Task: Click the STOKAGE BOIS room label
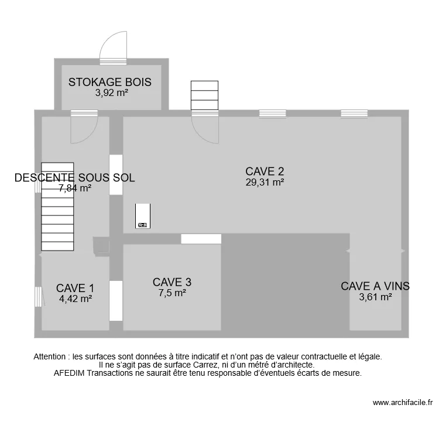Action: pyautogui.click(x=109, y=82)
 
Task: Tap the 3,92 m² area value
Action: pyautogui.click(x=111, y=92)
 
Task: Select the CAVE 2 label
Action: pyautogui.click(x=265, y=172)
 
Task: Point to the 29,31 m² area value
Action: pyautogui.click(x=265, y=182)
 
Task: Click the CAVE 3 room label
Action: pyautogui.click(x=172, y=282)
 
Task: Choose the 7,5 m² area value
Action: pyautogui.click(x=172, y=293)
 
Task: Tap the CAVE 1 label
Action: pyautogui.click(x=75, y=288)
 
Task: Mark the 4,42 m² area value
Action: pyautogui.click(x=76, y=299)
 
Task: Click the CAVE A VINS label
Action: pyautogui.click(x=375, y=286)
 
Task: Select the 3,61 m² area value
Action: pyautogui.click(x=375, y=297)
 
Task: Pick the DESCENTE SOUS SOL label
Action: pyautogui.click(x=74, y=178)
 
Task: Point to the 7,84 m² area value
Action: pyautogui.click(x=75, y=188)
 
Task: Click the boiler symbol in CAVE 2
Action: pyautogui.click(x=143, y=216)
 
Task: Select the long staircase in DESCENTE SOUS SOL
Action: pyautogui.click(x=57, y=206)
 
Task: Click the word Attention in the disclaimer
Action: pyautogui.click(x=51, y=356)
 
